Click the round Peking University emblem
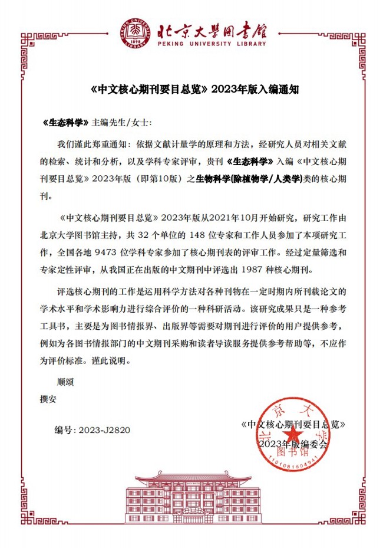coord(137,32)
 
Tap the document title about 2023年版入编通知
coord(192,90)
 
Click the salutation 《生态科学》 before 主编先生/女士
coord(66,123)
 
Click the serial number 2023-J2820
coord(103,430)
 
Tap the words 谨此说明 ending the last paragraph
coord(107,359)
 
